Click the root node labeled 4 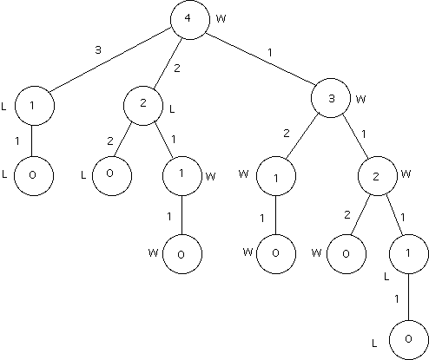tap(190, 20)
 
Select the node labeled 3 tap(331, 98)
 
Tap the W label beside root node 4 tap(221, 19)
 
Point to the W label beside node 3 tap(360, 99)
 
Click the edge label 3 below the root tap(98, 50)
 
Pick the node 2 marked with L tap(143, 106)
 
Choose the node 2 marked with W tap(378, 176)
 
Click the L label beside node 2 tap(172, 109)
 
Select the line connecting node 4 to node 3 tap(261, 59)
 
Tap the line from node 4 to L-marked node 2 tap(168, 62)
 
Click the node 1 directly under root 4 tap(35, 106)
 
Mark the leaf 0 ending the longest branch tap(409, 340)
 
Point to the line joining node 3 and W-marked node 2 tap(356, 137)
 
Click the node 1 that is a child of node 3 tap(276, 176)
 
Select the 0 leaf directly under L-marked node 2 tap(112, 176)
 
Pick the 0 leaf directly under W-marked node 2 tap(346, 254)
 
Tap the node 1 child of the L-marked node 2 tap(182, 176)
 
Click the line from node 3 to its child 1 tap(302, 136)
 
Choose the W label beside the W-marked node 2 tap(406, 173)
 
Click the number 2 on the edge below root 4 tap(177, 69)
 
